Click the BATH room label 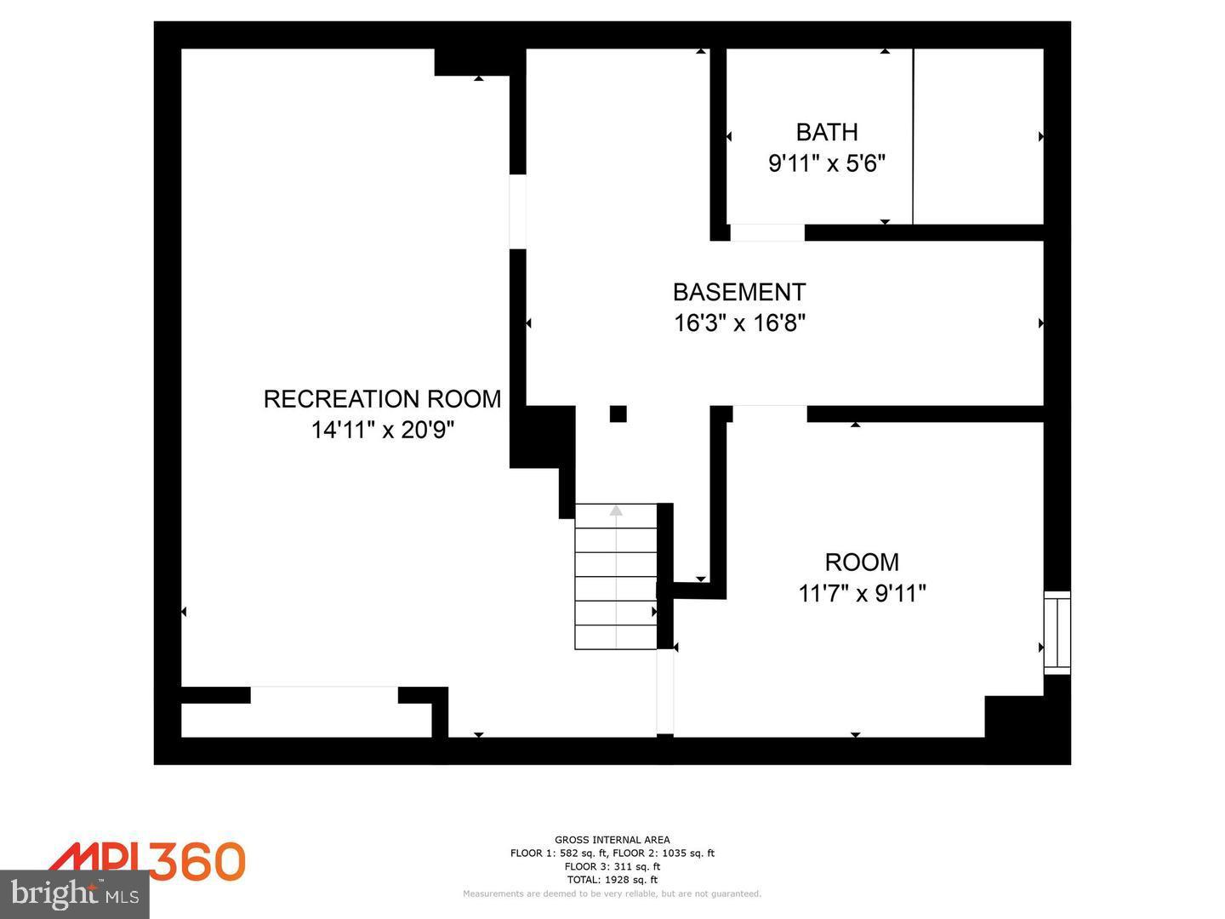(826, 132)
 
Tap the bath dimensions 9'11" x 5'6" (827, 163)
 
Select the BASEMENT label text (738, 292)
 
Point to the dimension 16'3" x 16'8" (739, 323)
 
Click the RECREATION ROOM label (382, 399)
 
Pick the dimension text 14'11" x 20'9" (382, 430)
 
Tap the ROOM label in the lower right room (862, 562)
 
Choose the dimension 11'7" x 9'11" (862, 593)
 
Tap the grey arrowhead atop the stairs (616, 511)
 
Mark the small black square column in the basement (618, 414)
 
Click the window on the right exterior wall (1057, 632)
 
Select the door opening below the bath (767, 232)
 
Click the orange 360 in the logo (197, 861)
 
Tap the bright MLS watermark (75, 893)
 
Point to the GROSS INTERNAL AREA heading (612, 840)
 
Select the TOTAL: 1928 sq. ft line (612, 880)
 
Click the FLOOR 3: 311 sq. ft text (612, 866)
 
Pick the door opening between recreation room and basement (517, 211)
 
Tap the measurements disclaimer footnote (612, 893)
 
